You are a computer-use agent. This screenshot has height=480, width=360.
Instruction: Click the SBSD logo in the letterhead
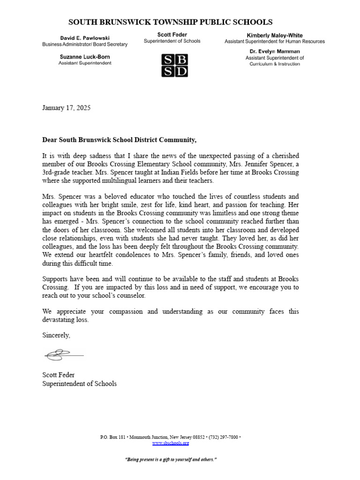point(174,65)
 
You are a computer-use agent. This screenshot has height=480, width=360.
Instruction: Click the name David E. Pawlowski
point(84,37)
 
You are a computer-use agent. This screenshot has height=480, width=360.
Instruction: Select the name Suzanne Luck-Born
point(85,57)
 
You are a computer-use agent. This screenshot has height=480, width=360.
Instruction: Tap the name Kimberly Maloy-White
point(274,35)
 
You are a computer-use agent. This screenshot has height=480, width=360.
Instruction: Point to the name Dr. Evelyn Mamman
point(274,51)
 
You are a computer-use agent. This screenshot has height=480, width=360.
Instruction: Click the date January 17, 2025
point(66,108)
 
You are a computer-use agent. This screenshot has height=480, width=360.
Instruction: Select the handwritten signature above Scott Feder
point(63,355)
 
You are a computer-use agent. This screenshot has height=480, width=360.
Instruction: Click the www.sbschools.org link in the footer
point(171,443)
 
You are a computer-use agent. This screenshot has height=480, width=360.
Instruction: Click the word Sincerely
point(56,335)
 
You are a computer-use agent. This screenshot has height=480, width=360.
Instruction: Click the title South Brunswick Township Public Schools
point(170,22)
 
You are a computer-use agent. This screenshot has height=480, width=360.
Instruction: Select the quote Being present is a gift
point(171,459)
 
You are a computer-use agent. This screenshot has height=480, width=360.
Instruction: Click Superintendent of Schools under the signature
point(79,383)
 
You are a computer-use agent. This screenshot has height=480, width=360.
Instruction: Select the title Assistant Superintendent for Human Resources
point(274,42)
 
